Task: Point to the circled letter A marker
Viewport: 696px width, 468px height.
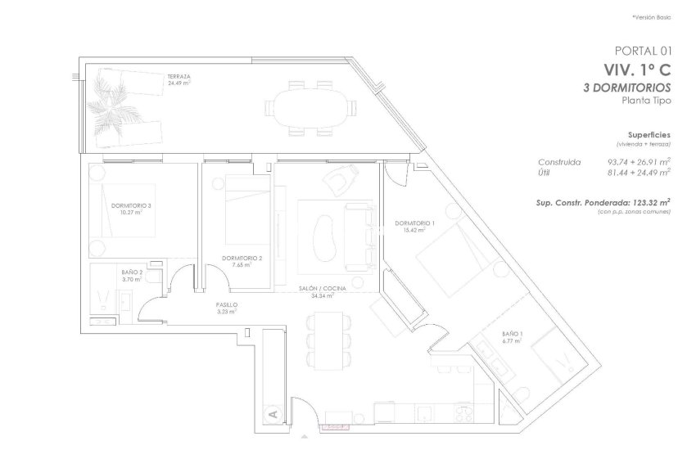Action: coord(272,415)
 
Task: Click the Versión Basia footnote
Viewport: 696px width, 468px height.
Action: coord(652,17)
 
